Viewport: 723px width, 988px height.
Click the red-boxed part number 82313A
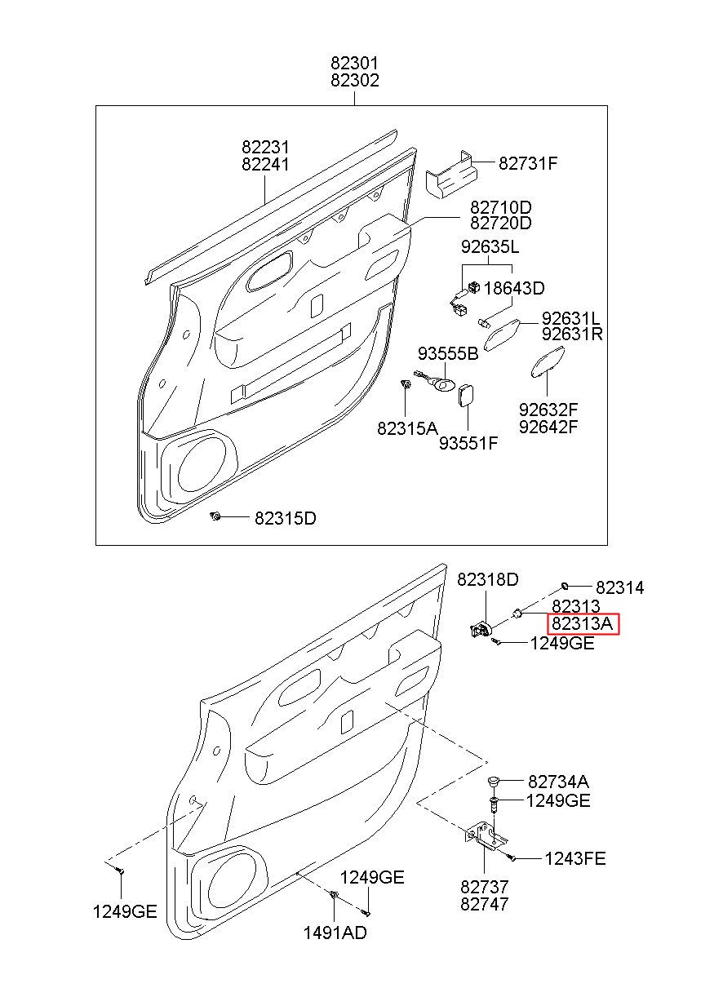pyautogui.click(x=583, y=623)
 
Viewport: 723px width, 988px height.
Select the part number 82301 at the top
pyautogui.click(x=355, y=64)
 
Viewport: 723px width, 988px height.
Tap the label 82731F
pyautogui.click(x=528, y=164)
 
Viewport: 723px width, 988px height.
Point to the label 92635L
pyautogui.click(x=490, y=247)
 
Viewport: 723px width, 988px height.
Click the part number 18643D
pyautogui.click(x=514, y=289)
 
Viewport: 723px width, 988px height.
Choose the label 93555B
pyautogui.click(x=448, y=353)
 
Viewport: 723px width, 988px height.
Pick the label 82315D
pyautogui.click(x=286, y=518)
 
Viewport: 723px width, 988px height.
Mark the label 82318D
pyautogui.click(x=487, y=579)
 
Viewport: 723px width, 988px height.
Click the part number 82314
pyautogui.click(x=620, y=587)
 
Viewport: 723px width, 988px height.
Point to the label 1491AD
pyautogui.click(x=335, y=933)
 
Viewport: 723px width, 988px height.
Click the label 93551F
pyautogui.click(x=468, y=443)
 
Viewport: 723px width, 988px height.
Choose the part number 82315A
pyautogui.click(x=407, y=428)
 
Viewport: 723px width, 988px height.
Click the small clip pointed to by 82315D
pyautogui.click(x=215, y=516)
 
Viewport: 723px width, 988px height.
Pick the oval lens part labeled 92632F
pyautogui.click(x=547, y=362)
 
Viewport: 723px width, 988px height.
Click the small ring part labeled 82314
pyautogui.click(x=564, y=586)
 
